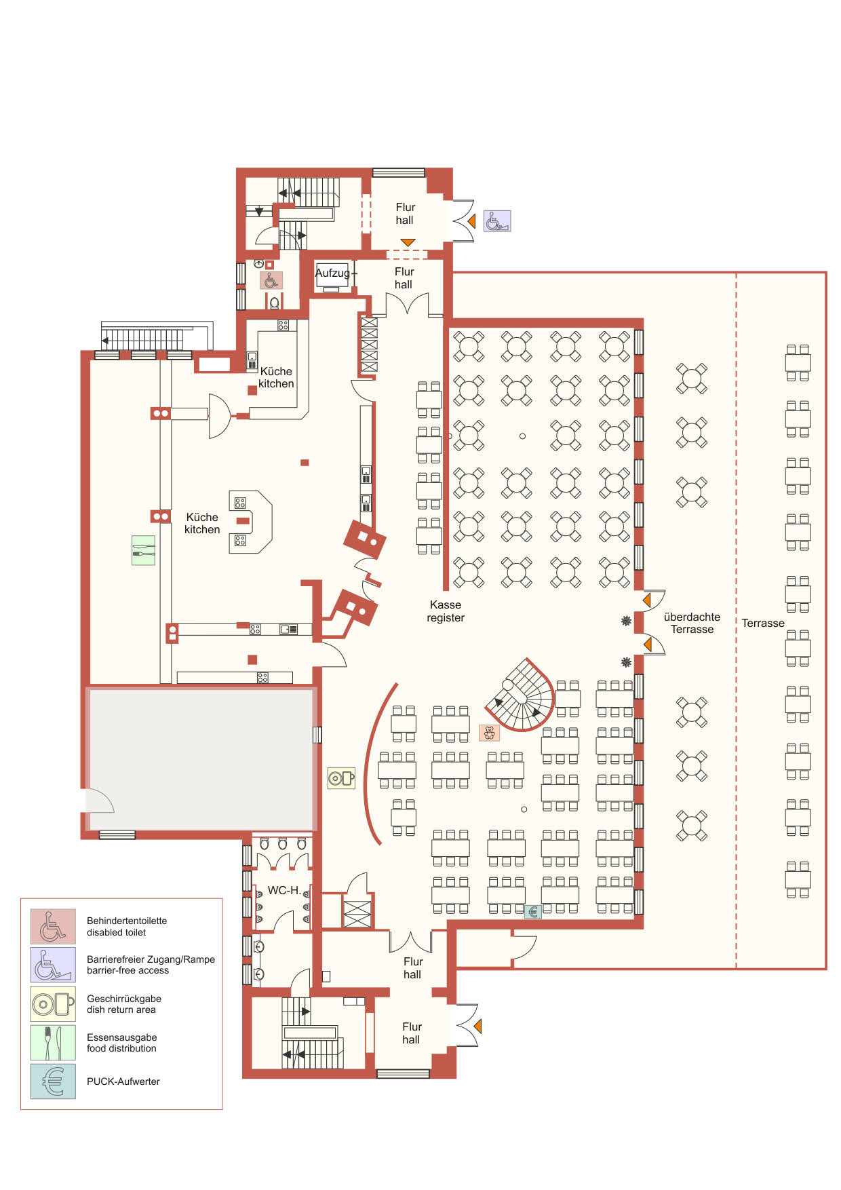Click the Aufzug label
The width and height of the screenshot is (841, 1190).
click(x=333, y=273)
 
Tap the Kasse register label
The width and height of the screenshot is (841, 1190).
click(x=446, y=611)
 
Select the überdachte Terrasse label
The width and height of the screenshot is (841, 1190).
click(x=692, y=623)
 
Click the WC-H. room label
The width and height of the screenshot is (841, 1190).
click(x=283, y=890)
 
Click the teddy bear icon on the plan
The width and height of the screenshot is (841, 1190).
click(x=489, y=733)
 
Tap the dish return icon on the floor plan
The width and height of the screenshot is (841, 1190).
click(x=341, y=778)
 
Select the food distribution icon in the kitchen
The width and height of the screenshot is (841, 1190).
click(x=143, y=550)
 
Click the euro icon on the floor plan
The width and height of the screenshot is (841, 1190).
click(x=533, y=912)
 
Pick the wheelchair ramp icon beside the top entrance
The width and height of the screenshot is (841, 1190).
click(x=496, y=221)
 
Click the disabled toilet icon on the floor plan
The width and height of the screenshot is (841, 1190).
click(x=271, y=280)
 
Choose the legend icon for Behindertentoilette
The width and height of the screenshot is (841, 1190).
click(x=53, y=926)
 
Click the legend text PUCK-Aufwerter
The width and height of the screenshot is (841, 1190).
click(x=123, y=1081)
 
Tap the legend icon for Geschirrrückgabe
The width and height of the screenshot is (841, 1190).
click(x=53, y=1004)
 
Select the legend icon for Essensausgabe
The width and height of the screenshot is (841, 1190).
click(x=53, y=1043)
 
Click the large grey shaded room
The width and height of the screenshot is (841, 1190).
click(x=201, y=759)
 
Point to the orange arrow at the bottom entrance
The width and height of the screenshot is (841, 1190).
click(x=477, y=1026)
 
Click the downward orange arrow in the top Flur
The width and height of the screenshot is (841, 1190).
click(x=407, y=242)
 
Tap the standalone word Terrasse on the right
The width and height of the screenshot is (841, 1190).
click(x=762, y=623)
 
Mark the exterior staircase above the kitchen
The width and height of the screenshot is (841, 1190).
click(x=146, y=338)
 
